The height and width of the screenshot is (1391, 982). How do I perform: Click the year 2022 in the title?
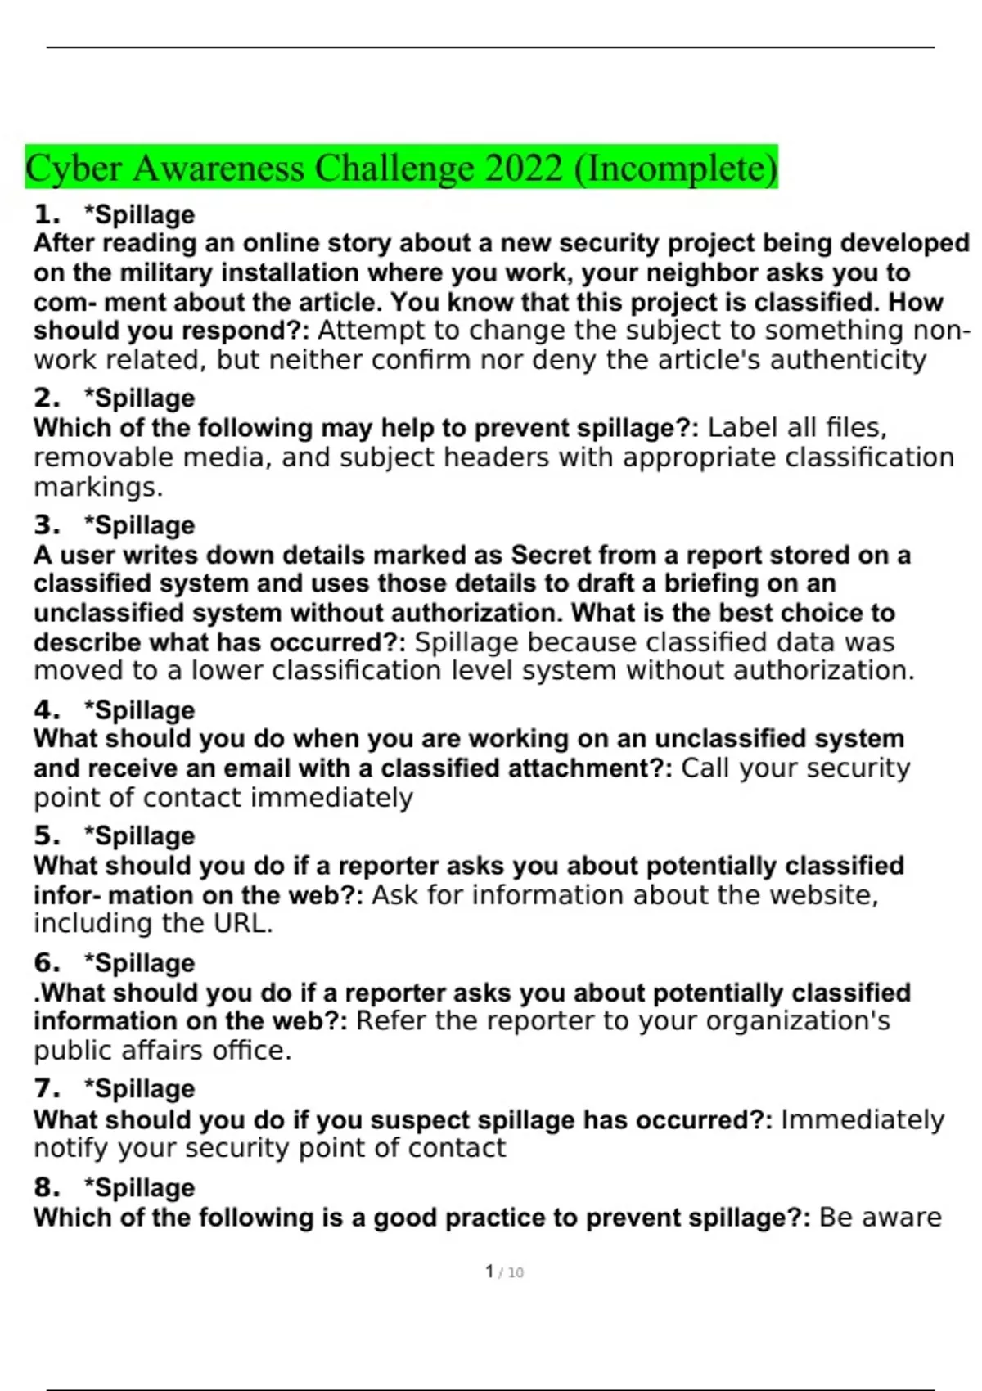pyautogui.click(x=524, y=168)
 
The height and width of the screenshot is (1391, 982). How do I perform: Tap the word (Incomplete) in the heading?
pyautogui.click(x=676, y=168)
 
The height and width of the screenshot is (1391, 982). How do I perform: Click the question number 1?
pyautogui.click(x=47, y=214)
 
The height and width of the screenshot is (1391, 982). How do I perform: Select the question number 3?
pyautogui.click(x=47, y=524)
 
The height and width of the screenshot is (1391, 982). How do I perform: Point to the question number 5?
pyautogui.click(x=47, y=835)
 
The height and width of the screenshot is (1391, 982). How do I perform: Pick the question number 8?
pyautogui.click(x=47, y=1187)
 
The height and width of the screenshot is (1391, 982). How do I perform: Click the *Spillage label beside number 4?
pyautogui.click(x=139, y=709)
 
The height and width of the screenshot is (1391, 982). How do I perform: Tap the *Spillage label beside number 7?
pyautogui.click(x=139, y=1088)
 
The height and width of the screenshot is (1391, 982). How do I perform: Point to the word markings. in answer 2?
pyautogui.click(x=98, y=487)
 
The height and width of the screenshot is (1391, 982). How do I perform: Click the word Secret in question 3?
pyautogui.click(x=551, y=555)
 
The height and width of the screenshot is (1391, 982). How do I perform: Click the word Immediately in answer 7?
pyautogui.click(x=863, y=1119)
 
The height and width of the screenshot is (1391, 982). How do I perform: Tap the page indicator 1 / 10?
pyautogui.click(x=504, y=1272)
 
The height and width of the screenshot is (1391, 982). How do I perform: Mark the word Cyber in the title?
pyautogui.click(x=74, y=168)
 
